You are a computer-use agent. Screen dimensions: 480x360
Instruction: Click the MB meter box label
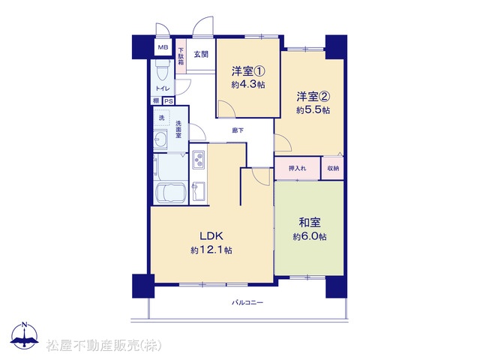(x=163, y=47)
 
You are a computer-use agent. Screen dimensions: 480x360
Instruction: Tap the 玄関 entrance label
(x=201, y=55)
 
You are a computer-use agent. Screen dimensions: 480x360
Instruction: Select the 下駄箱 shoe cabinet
(x=181, y=56)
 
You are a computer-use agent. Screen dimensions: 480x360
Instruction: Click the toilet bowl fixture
(x=160, y=70)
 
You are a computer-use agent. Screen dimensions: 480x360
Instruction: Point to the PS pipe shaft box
(x=168, y=101)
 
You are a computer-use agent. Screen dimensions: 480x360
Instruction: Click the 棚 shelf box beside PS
(x=157, y=100)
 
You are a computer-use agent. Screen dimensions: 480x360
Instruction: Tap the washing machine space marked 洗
(x=161, y=118)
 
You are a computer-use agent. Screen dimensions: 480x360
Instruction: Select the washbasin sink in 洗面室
(x=160, y=140)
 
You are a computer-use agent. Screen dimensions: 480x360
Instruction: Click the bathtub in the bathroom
(x=170, y=193)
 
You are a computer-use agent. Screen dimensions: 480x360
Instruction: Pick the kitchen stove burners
(x=199, y=160)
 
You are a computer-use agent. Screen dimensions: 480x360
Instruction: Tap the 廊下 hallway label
(x=238, y=130)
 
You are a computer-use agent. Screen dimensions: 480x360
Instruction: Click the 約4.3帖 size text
(x=248, y=85)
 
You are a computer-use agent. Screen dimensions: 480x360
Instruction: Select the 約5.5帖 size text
(x=313, y=110)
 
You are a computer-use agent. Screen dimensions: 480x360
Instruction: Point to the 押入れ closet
(x=298, y=168)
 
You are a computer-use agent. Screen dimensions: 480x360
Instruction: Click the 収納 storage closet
(x=332, y=168)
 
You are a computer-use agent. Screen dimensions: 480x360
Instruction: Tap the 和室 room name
(x=310, y=223)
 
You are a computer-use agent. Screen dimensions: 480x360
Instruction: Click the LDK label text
(x=211, y=236)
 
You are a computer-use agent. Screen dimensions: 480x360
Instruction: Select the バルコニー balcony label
(x=247, y=303)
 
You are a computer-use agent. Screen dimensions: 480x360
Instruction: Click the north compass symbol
(x=25, y=336)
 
